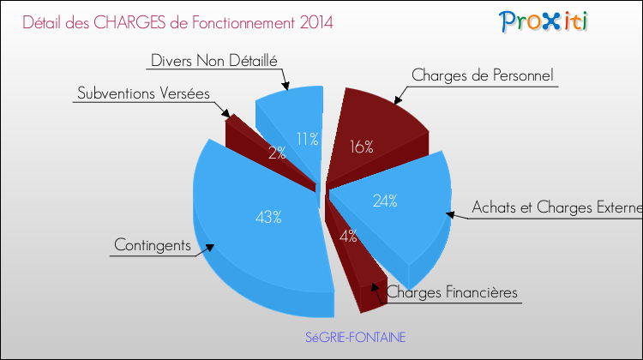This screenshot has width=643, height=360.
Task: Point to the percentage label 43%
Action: tap(268, 217)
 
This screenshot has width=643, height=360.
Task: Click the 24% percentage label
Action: tap(384, 201)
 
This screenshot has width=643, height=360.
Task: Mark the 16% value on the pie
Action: tap(361, 147)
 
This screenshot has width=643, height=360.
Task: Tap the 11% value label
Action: tap(308, 139)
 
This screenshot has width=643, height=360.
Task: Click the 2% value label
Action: tap(276, 153)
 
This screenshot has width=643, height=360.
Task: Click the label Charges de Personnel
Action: tap(483, 75)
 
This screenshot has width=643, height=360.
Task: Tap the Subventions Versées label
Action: tap(143, 93)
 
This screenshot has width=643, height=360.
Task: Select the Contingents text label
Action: tap(152, 245)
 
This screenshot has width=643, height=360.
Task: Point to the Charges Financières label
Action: tap(453, 292)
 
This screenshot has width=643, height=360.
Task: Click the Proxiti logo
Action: tap(544, 21)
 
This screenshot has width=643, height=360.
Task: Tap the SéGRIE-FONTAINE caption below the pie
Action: tap(356, 337)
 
